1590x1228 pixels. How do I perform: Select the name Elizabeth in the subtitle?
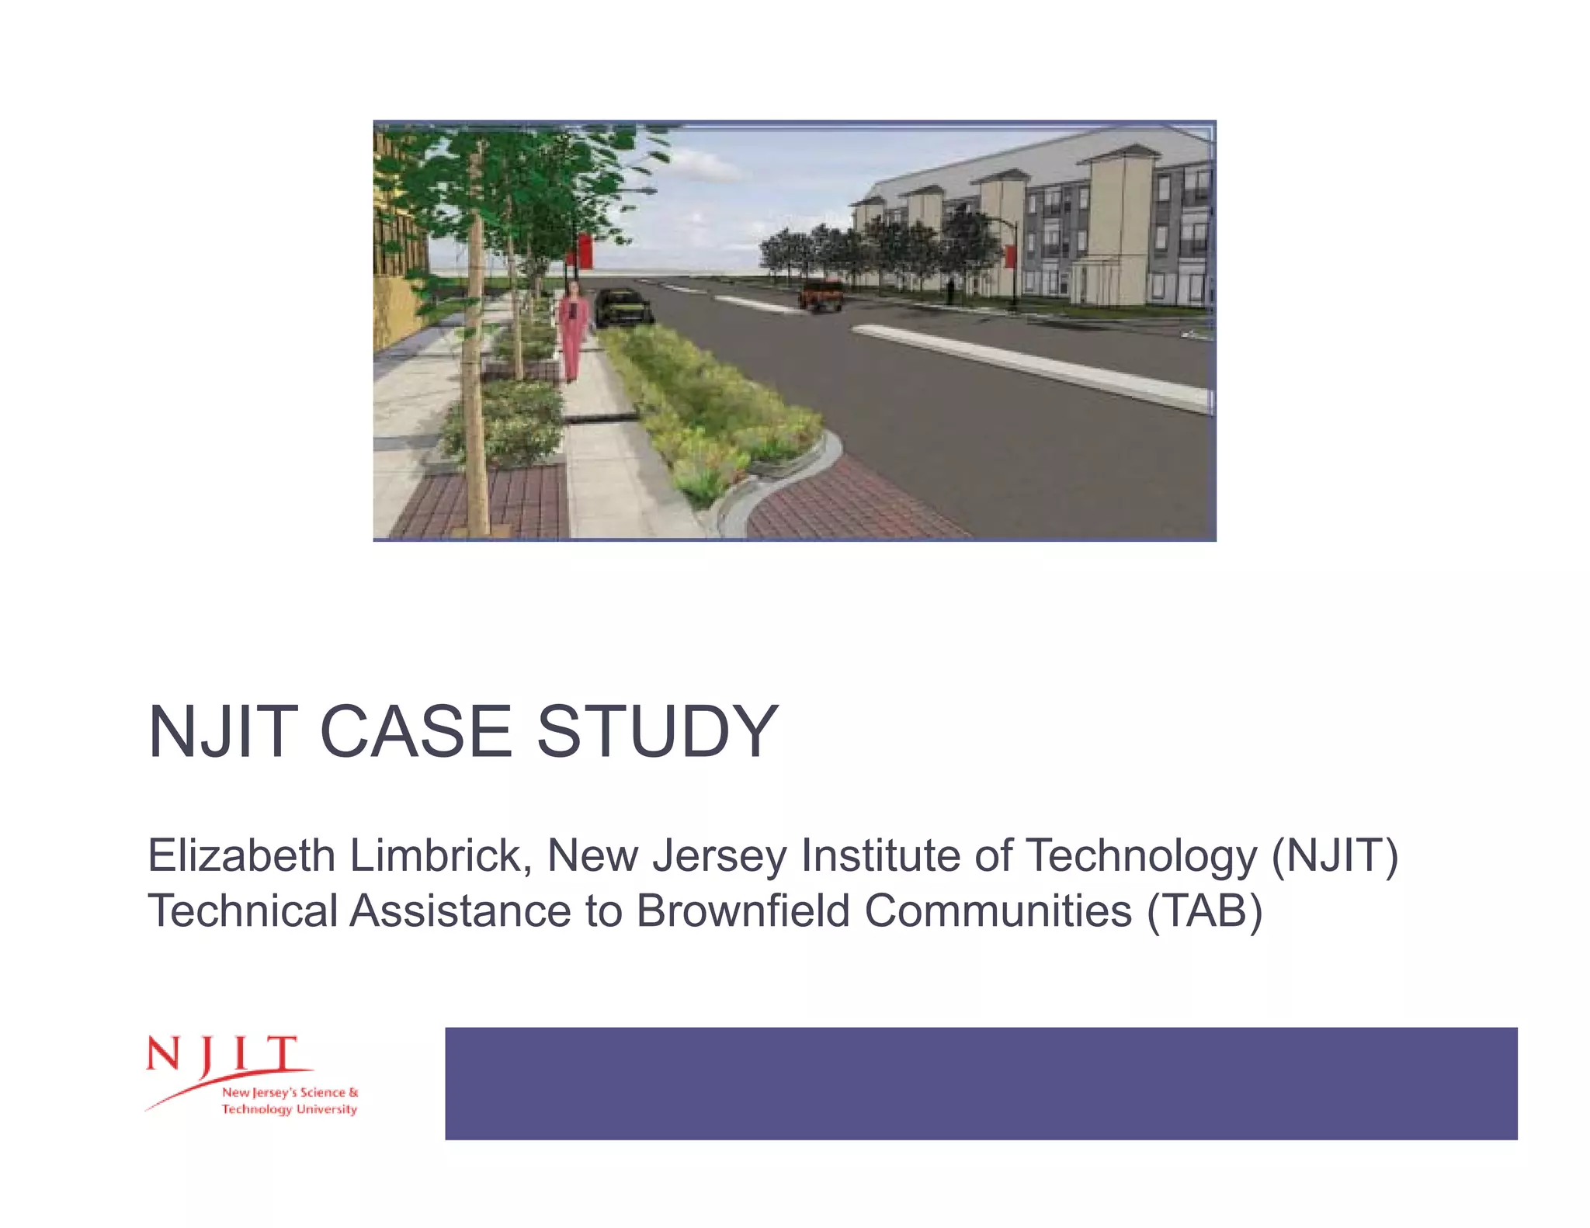[x=241, y=855]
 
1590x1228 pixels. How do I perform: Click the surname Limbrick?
[x=440, y=855]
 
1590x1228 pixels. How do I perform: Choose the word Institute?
[x=881, y=855]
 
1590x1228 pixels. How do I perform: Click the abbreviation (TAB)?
[x=1204, y=911]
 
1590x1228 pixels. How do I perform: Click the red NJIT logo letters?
[x=221, y=1056]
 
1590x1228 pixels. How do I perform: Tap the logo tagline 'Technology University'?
[x=290, y=1109]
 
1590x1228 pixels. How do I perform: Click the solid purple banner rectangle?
[x=981, y=1083]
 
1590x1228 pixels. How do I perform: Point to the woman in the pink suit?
[x=573, y=330]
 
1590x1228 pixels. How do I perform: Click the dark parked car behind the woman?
[x=623, y=307]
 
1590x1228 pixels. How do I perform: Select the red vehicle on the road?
[x=821, y=296]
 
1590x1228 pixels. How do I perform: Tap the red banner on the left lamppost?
[x=583, y=250]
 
